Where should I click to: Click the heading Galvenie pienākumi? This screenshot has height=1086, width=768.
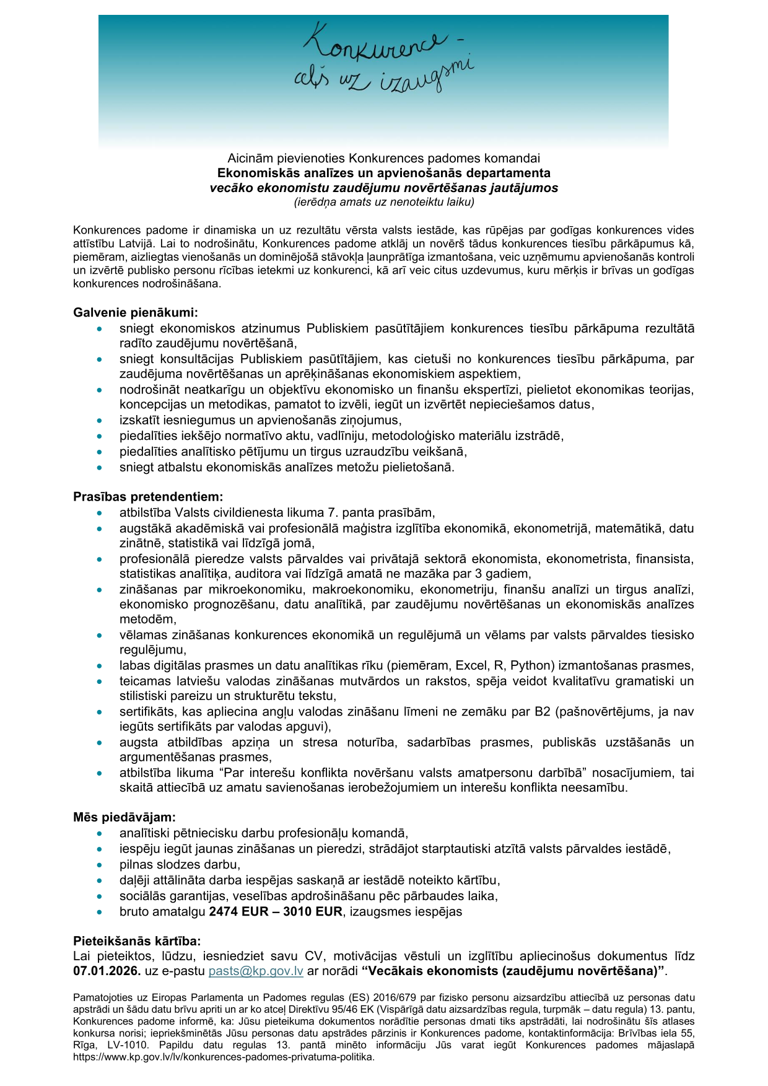click(136, 313)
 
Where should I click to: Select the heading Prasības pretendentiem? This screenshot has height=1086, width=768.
click(148, 497)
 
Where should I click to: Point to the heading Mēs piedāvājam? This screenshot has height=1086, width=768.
click(124, 818)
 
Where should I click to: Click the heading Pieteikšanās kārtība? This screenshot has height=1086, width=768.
click(137, 941)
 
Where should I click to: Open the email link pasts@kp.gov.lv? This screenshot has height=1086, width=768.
click(256, 971)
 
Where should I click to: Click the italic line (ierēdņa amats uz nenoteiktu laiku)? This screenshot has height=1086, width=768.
click(384, 202)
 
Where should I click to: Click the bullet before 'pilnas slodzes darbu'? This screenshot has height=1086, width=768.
click(99, 865)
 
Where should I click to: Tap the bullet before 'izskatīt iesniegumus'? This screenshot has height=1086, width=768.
click(99, 421)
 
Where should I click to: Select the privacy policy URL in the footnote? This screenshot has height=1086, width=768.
click(224, 1057)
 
